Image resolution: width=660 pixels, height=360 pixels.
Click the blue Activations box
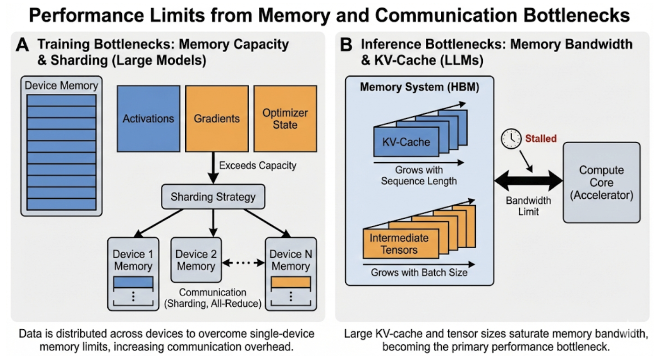[148, 118]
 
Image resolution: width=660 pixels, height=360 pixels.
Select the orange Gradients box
[216, 118]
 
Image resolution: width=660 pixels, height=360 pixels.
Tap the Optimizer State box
[285, 118]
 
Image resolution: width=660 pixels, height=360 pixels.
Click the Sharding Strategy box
[213, 196]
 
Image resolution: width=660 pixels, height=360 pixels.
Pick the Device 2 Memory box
[196, 260]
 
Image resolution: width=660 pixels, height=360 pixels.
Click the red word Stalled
[541, 138]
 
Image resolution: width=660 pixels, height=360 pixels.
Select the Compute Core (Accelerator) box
[601, 183]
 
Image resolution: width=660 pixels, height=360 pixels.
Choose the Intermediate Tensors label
[399, 243]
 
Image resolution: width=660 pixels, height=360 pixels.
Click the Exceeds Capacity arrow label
[257, 166]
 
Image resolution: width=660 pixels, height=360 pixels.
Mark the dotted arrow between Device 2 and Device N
[243, 263]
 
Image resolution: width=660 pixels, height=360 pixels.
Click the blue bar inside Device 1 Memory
[133, 282]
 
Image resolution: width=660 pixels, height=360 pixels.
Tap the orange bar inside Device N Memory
[291, 282]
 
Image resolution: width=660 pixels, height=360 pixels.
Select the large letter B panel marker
[347, 45]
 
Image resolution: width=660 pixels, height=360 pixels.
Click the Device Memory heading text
[61, 86]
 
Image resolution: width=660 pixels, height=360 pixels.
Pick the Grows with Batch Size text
[418, 272]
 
